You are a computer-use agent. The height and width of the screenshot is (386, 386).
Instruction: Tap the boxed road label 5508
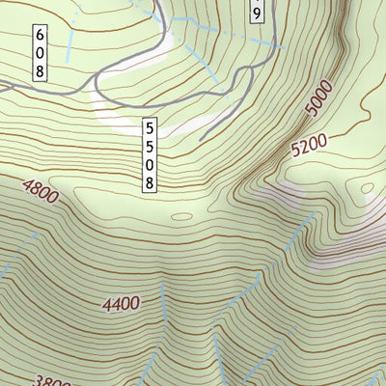pyautogui.click(x=150, y=154)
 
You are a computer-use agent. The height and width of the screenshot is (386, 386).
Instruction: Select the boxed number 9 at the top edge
pyautogui.click(x=256, y=12)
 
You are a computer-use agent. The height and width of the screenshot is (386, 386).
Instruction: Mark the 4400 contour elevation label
pyautogui.click(x=121, y=304)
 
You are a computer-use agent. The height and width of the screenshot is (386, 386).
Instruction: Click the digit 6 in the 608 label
pyautogui.click(x=41, y=36)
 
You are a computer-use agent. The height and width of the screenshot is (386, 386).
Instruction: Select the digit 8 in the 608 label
pyautogui.click(x=41, y=69)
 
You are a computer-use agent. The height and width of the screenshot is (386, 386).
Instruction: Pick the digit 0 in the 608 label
pyautogui.click(x=41, y=52)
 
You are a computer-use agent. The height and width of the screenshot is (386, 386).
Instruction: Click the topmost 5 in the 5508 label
pyautogui.click(x=150, y=127)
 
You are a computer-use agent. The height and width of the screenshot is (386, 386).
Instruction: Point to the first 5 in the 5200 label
pyautogui.click(x=295, y=152)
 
